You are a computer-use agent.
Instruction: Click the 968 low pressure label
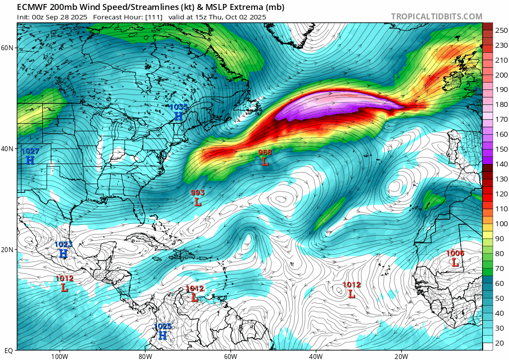(265, 152)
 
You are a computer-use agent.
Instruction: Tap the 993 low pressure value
(198, 192)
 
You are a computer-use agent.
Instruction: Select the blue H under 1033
(178, 116)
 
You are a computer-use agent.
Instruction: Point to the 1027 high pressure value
(30, 151)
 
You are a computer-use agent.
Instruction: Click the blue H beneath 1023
(63, 254)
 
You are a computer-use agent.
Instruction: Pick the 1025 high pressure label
(163, 326)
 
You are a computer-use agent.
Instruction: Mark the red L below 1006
(455, 263)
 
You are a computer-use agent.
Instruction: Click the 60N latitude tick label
(7, 48)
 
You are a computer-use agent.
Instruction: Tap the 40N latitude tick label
(7, 149)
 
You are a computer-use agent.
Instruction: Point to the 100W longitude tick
(59, 356)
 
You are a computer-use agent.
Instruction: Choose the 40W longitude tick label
(316, 356)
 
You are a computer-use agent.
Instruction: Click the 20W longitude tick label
(401, 356)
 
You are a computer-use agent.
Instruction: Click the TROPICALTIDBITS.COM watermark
(436, 16)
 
